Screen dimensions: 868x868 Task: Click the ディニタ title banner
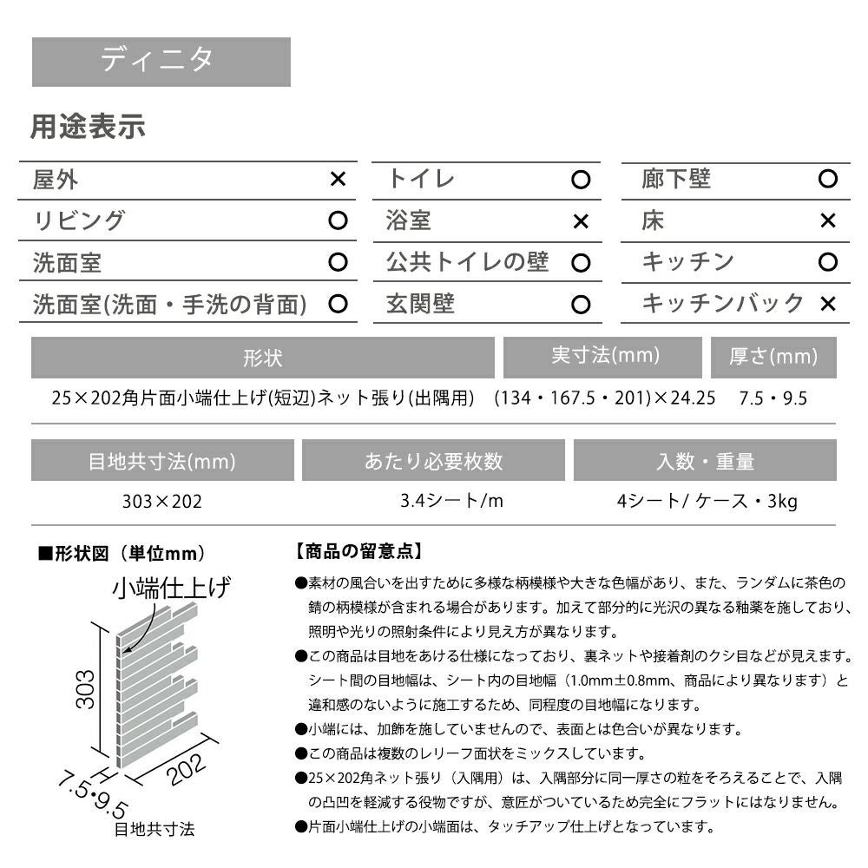click(161, 61)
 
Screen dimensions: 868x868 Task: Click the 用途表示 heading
click(88, 128)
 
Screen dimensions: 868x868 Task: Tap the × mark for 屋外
click(338, 180)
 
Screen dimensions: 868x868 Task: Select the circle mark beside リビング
click(338, 221)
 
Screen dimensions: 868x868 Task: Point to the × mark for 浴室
click(581, 221)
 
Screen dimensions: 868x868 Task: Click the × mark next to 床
click(827, 221)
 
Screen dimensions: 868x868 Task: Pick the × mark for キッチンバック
click(827, 304)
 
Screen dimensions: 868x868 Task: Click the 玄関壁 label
click(420, 304)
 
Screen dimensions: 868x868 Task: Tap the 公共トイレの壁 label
click(467, 262)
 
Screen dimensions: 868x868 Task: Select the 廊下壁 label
click(676, 180)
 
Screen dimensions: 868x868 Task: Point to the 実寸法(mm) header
click(605, 356)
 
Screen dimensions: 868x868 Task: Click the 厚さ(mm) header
click(773, 356)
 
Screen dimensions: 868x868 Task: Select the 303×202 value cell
click(162, 501)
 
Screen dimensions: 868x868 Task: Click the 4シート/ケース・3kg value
click(704, 501)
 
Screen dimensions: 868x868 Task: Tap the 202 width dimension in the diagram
click(185, 768)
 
